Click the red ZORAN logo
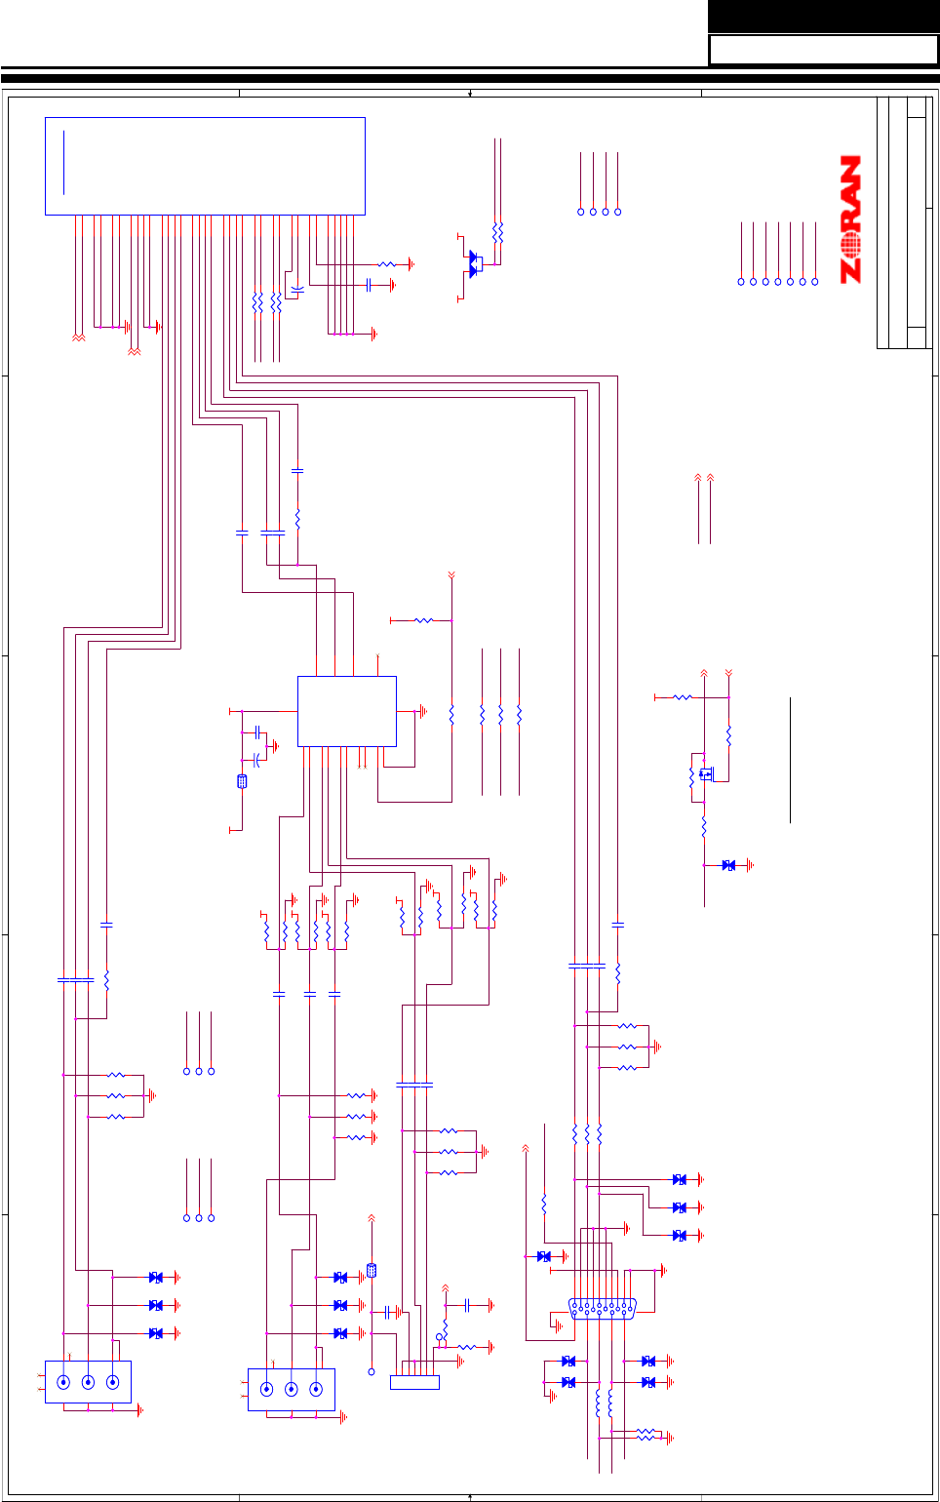click(851, 219)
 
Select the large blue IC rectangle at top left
click(205, 166)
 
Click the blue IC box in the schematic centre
click(346, 711)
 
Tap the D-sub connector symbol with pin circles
click(603, 1309)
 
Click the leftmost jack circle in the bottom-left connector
click(63, 1382)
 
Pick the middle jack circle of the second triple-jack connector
click(291, 1389)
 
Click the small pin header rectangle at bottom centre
click(414, 1382)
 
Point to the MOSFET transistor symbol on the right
click(704, 774)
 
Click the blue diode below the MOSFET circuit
click(728, 865)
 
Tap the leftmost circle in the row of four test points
click(581, 212)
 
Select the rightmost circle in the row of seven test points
click(815, 282)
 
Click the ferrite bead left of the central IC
click(242, 781)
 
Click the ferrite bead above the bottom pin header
click(372, 1271)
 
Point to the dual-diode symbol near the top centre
click(475, 264)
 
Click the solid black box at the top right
click(823, 16)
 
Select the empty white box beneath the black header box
click(823, 50)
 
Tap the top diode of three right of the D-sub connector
click(680, 1180)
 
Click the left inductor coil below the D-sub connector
click(598, 1403)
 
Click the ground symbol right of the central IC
click(423, 712)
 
